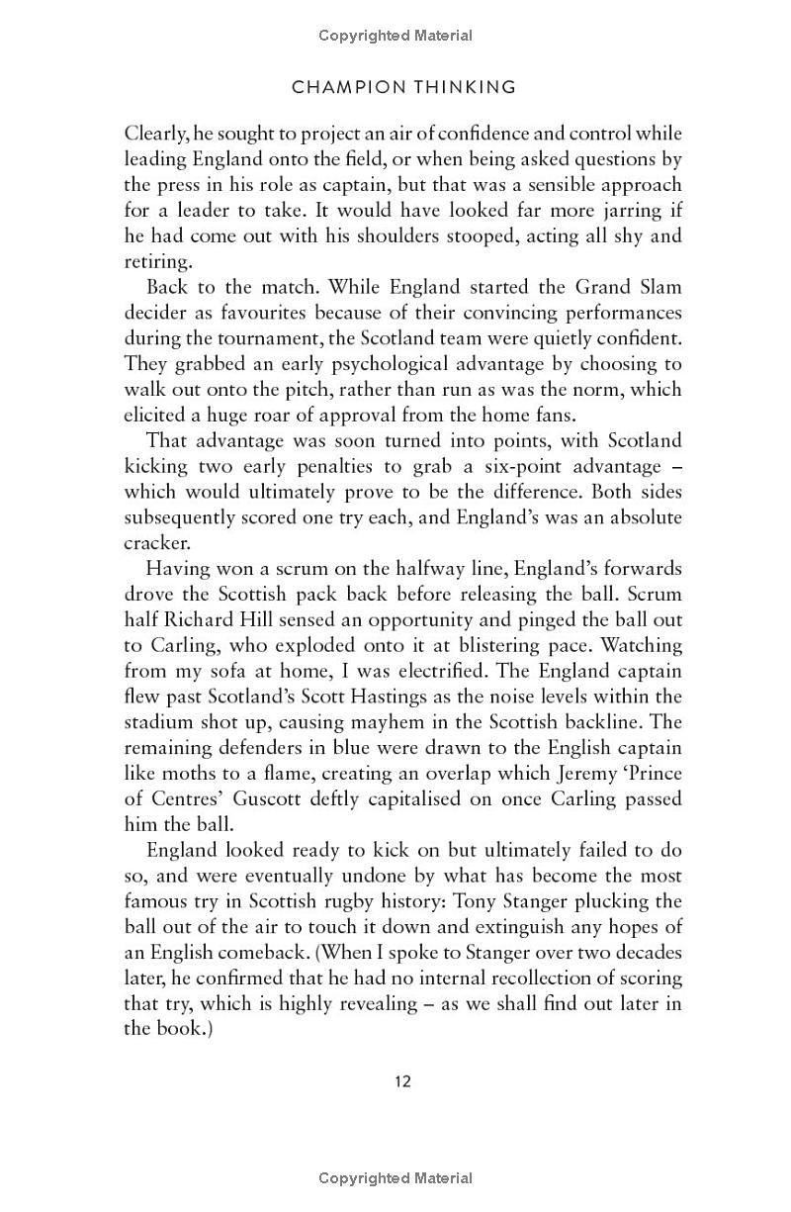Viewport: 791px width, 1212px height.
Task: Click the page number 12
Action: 402,1080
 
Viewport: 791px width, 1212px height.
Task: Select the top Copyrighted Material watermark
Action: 395,36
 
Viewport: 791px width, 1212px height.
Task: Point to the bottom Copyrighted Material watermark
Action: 395,1178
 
